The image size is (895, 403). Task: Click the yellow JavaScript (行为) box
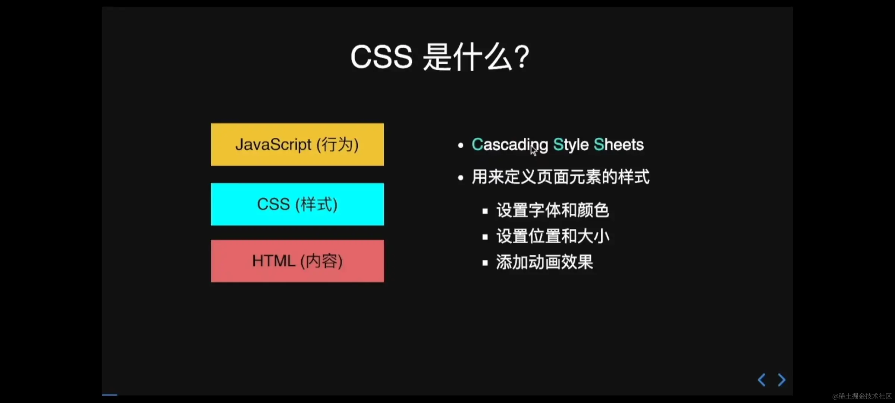click(297, 144)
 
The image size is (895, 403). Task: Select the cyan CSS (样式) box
click(297, 204)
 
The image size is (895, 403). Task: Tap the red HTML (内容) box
click(297, 261)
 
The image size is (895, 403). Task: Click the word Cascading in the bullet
click(510, 145)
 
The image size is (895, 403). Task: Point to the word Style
click(571, 145)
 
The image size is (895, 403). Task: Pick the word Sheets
click(619, 144)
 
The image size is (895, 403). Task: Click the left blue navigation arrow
click(762, 380)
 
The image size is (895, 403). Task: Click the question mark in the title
click(522, 57)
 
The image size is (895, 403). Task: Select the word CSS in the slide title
click(381, 57)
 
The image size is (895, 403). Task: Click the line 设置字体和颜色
click(553, 210)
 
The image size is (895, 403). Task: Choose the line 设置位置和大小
click(553, 236)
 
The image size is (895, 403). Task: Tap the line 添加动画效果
click(544, 262)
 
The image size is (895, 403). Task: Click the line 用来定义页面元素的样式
click(560, 177)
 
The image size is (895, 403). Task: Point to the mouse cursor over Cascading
click(534, 150)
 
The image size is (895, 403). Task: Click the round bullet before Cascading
click(461, 145)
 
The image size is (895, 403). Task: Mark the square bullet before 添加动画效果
click(485, 263)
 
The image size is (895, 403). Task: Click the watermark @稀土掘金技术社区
click(862, 396)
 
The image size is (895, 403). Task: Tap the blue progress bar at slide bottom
click(110, 394)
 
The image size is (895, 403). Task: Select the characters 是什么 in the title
click(468, 57)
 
